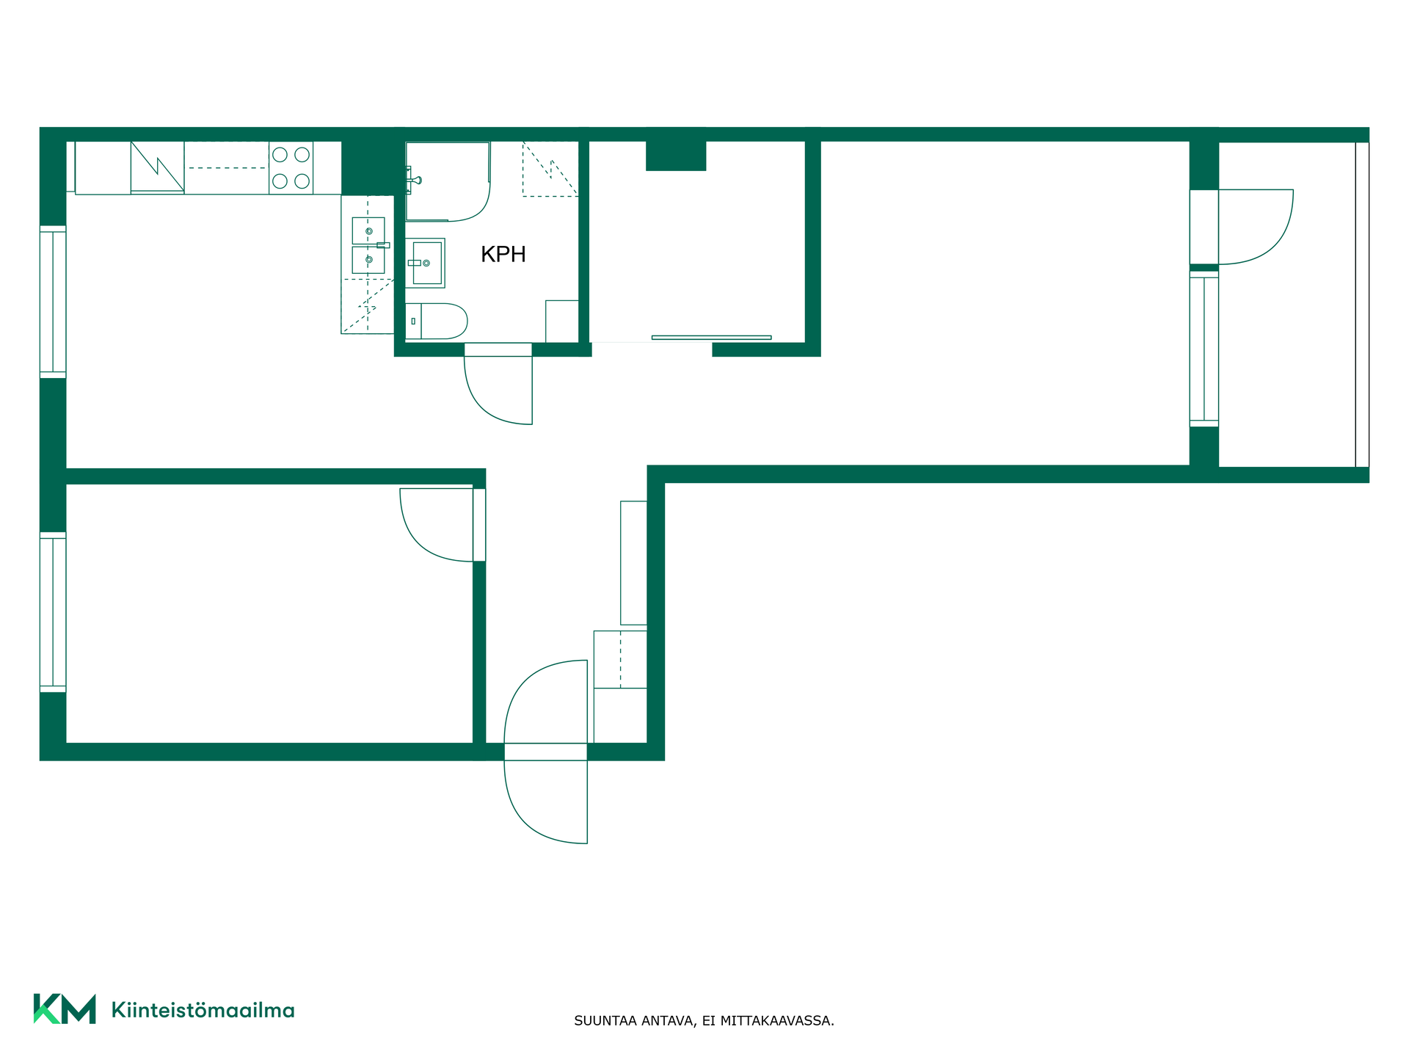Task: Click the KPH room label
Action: pyautogui.click(x=503, y=254)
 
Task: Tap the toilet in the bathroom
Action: pyautogui.click(x=436, y=321)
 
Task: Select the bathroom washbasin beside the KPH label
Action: pyautogui.click(x=425, y=263)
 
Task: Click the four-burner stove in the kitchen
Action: pyautogui.click(x=291, y=168)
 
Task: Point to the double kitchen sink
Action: pyautogui.click(x=368, y=245)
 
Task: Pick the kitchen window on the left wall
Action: pyautogui.click(x=53, y=302)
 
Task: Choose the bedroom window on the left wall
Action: pyautogui.click(x=53, y=612)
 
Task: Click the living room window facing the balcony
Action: pyautogui.click(x=1204, y=349)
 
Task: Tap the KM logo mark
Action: pyautogui.click(x=65, y=1009)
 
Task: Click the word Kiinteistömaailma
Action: pyautogui.click(x=203, y=1010)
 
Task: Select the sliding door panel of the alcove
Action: pyautogui.click(x=711, y=338)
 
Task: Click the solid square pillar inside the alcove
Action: pyautogui.click(x=676, y=156)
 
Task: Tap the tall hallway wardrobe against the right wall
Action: pyautogui.click(x=633, y=563)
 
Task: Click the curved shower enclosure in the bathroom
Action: pyautogui.click(x=448, y=181)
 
